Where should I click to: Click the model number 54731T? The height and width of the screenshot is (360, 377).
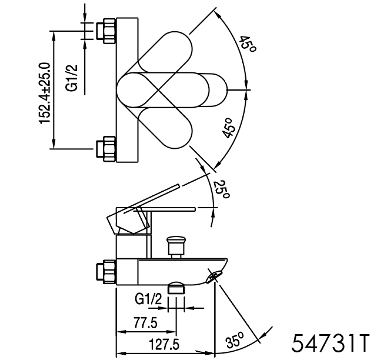[x=330, y=343]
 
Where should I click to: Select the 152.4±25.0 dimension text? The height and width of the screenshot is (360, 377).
[x=44, y=94]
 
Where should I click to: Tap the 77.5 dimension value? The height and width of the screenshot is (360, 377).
[x=146, y=323]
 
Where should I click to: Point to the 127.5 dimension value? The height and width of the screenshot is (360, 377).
[x=164, y=344]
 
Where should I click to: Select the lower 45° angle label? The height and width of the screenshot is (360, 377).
[x=228, y=128]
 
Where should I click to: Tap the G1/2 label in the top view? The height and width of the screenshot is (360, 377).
[x=72, y=78]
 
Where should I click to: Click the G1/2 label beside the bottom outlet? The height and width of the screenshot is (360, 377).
[x=149, y=299]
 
